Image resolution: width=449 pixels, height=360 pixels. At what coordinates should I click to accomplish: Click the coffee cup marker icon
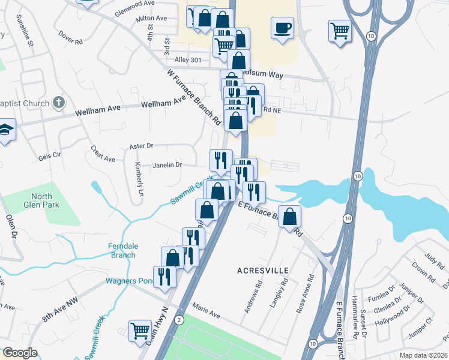pyautogui.click(x=282, y=28)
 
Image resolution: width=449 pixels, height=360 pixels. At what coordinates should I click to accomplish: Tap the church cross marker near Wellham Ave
pyautogui.click(x=58, y=103)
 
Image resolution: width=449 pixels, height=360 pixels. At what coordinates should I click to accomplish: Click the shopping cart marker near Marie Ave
pyautogui.click(x=139, y=331)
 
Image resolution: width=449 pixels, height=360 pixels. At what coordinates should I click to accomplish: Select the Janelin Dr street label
pyautogui.click(x=167, y=165)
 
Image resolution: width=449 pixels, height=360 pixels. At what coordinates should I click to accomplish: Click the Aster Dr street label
pyautogui.click(x=142, y=146)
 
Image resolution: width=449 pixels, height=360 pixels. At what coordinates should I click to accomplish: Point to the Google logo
pyautogui.click(x=20, y=353)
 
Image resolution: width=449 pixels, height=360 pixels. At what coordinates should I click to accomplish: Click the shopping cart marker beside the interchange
pyautogui.click(x=340, y=30)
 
